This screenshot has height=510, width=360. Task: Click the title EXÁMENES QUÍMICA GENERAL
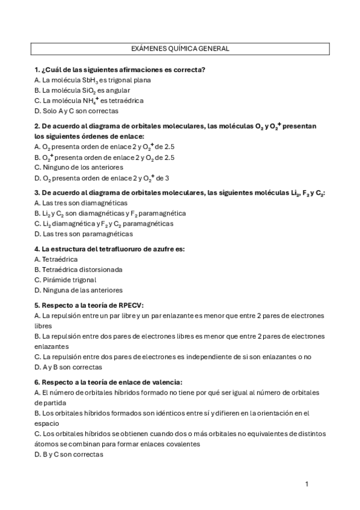point(180,49)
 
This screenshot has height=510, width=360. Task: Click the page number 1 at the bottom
point(307,484)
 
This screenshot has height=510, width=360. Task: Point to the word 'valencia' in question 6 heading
point(167,382)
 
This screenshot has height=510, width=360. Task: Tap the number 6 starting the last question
point(37,382)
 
